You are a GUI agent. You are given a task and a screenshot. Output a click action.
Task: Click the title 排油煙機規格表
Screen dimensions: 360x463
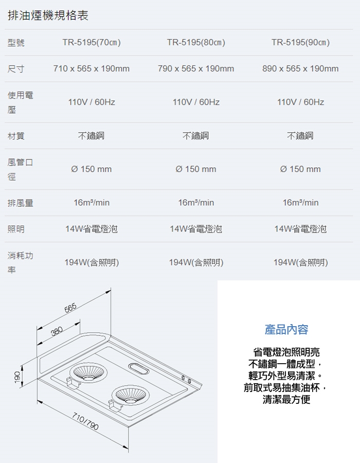click(48, 15)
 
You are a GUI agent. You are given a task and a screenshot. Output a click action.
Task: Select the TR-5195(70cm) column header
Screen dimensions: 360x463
click(92, 42)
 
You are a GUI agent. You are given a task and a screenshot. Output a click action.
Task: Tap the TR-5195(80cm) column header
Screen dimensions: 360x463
click(196, 42)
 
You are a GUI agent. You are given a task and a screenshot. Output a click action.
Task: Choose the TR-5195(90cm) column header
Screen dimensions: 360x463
click(300, 42)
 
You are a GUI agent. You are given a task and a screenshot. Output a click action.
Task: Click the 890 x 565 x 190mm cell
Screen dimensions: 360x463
click(300, 68)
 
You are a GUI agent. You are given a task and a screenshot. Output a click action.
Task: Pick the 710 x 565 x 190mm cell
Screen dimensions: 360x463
click(92, 68)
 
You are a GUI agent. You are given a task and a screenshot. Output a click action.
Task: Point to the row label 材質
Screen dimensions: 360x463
click(16, 136)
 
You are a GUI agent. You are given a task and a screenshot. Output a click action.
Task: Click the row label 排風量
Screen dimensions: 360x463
click(21, 203)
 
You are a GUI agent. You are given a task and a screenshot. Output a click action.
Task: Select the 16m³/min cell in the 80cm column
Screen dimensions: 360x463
click(196, 203)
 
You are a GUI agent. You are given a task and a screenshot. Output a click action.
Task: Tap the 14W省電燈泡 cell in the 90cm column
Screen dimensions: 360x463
click(300, 229)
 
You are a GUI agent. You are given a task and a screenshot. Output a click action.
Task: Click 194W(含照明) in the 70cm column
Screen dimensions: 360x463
click(92, 262)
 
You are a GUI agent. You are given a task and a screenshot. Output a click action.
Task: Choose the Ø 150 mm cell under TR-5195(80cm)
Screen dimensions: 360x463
click(196, 169)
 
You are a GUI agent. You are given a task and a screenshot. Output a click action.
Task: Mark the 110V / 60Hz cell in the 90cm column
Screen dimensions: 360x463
click(300, 102)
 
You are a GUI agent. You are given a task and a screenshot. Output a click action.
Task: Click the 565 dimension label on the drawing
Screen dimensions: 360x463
click(70, 308)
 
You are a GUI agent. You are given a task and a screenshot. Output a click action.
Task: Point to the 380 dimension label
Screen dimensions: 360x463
click(57, 331)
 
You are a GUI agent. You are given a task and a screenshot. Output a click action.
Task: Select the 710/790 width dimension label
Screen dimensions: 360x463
click(85, 421)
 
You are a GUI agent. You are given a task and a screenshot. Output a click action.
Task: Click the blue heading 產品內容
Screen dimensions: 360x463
click(286, 330)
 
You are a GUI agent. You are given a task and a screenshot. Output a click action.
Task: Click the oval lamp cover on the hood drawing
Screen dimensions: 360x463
click(139, 369)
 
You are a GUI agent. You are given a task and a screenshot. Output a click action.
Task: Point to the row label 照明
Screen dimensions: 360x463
click(16, 229)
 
